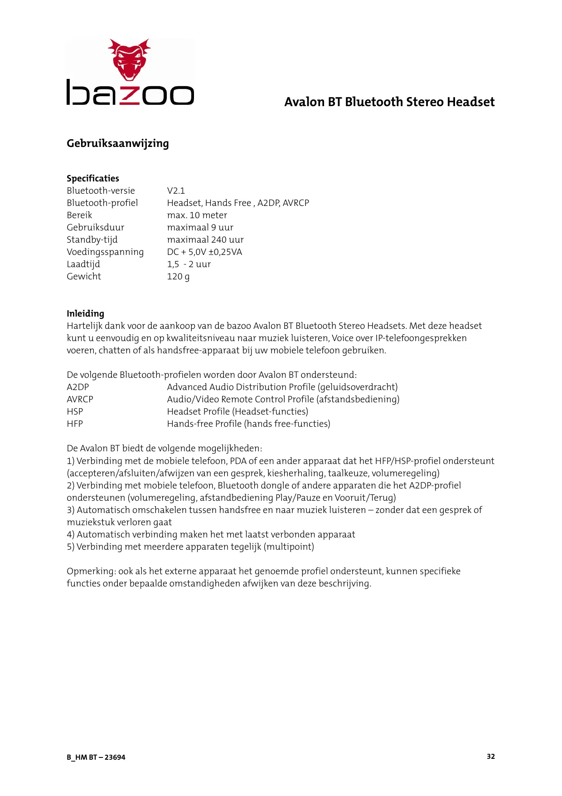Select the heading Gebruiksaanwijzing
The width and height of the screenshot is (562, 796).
(117, 143)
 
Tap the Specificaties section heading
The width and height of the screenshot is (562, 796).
(92, 178)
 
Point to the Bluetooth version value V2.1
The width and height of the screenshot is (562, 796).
(176, 190)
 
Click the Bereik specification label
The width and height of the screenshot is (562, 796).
(79, 215)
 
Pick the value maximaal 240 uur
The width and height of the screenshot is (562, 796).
(205, 239)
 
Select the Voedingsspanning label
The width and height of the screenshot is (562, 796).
(105, 252)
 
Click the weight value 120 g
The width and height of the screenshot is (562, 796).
(178, 276)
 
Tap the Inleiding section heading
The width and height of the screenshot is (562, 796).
(85, 313)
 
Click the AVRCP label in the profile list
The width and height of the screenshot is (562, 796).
(80, 399)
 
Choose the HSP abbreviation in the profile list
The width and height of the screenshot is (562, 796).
(75, 411)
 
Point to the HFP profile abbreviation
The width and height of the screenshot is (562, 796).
(75, 424)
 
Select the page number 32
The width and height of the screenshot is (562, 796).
(491, 756)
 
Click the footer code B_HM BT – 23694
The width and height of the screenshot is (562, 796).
(96, 757)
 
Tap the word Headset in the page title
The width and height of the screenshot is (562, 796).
(470, 102)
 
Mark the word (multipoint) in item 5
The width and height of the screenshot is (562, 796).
(289, 547)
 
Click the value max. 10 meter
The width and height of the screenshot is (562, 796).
(197, 215)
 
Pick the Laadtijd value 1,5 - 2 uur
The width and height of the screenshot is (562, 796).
(189, 264)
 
